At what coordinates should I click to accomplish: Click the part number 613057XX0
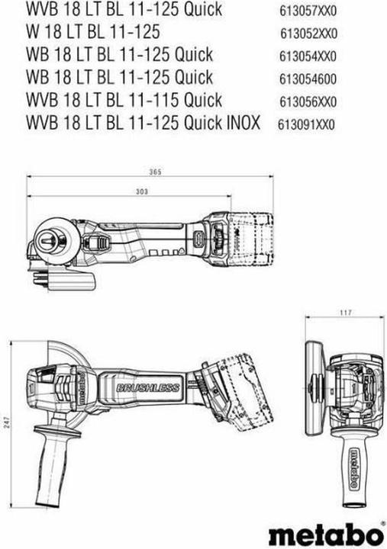point(308,11)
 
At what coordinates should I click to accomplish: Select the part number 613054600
point(308,79)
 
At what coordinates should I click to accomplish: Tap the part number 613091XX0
point(306,124)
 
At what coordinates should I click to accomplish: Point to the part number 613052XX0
point(308,34)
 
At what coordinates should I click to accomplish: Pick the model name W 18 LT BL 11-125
point(93,31)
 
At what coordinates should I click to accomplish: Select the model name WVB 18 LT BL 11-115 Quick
point(124,100)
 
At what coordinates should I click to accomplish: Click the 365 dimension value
point(155,172)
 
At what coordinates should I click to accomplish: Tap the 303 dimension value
point(142,191)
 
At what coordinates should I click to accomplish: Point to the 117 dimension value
point(345,313)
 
